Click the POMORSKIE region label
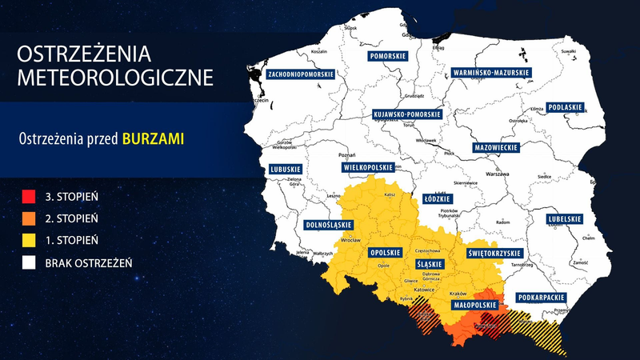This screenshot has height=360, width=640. [390, 57]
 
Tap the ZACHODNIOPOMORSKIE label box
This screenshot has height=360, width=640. [301, 74]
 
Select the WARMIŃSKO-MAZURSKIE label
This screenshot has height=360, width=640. [490, 72]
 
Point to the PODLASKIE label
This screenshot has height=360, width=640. [566, 107]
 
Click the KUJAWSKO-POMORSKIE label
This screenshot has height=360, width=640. [407, 115]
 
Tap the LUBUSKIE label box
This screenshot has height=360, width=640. [286, 170]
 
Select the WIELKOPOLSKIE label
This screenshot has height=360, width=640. [369, 168]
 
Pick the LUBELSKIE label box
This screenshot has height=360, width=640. [564, 218]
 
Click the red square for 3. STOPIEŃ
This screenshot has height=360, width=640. [29, 194]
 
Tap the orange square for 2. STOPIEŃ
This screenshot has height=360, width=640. [29, 217]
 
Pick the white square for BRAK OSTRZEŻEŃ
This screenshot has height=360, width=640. [29, 262]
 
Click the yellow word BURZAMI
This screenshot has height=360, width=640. [153, 138]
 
